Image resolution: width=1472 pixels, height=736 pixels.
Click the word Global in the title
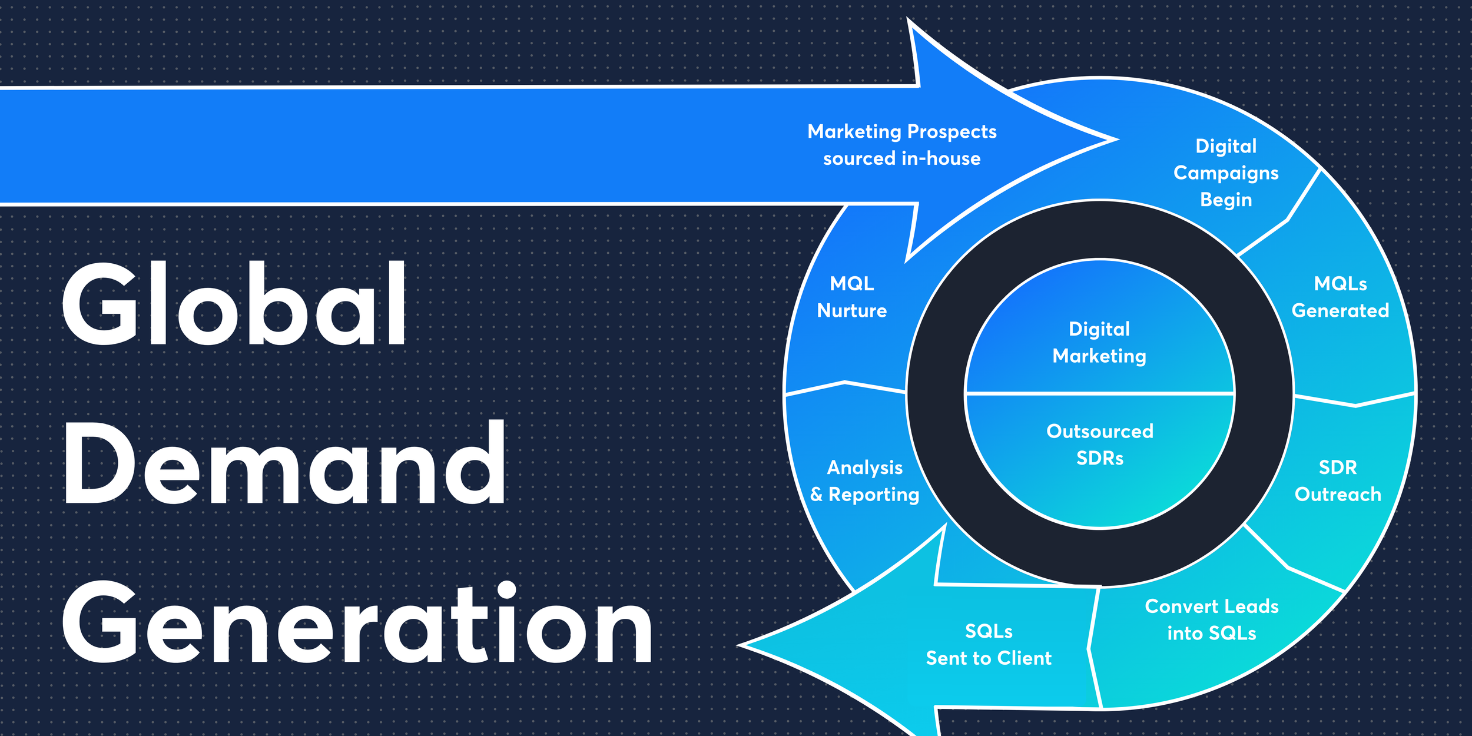pyautogui.click(x=234, y=304)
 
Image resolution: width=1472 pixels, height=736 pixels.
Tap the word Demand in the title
pyautogui.click(x=284, y=464)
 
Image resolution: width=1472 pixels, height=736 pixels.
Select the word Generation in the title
pyautogui.click(x=357, y=624)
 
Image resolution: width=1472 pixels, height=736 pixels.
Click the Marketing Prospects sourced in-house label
pyautogui.click(x=901, y=145)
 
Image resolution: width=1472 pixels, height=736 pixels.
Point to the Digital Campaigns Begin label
pyautogui.click(x=1226, y=173)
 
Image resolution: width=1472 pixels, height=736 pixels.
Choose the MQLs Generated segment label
pyautogui.click(x=1340, y=297)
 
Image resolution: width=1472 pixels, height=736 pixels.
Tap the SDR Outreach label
pyautogui.click(x=1338, y=481)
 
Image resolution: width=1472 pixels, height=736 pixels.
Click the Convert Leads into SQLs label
pyautogui.click(x=1212, y=620)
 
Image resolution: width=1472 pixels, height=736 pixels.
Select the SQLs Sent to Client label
pyautogui.click(x=989, y=645)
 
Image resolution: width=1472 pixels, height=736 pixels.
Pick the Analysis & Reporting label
pyautogui.click(x=864, y=481)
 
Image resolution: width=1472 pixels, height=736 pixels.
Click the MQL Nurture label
pyautogui.click(x=851, y=297)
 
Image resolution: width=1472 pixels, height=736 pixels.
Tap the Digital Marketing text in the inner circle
pyautogui.click(x=1099, y=343)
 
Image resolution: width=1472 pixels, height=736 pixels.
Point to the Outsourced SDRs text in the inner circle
pyautogui.click(x=1099, y=445)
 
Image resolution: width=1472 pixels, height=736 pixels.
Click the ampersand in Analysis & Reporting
pyautogui.click(x=816, y=495)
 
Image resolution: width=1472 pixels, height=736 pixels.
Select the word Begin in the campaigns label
pyautogui.click(x=1226, y=200)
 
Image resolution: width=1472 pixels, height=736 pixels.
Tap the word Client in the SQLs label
pyautogui.click(x=1025, y=658)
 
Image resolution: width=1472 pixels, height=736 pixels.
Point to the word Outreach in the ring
pyautogui.click(x=1338, y=495)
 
